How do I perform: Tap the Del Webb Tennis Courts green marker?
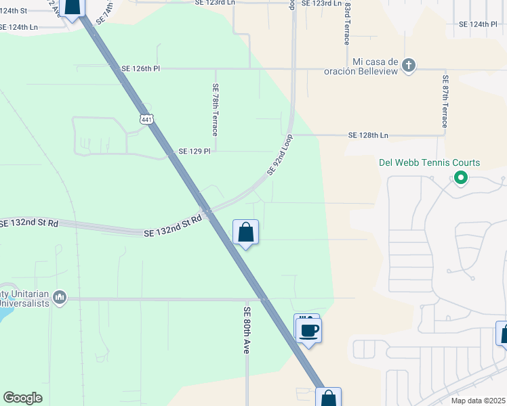(461, 178)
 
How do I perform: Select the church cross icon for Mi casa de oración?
(408, 66)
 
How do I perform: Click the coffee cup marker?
(308, 330)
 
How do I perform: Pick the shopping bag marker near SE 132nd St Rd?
(245, 233)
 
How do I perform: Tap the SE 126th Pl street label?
(141, 68)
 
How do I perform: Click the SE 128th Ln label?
(369, 135)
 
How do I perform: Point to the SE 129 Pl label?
(195, 151)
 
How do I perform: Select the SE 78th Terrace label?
(215, 109)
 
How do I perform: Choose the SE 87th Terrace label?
(445, 101)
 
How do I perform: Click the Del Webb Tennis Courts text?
(429, 163)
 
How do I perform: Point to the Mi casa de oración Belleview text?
(377, 66)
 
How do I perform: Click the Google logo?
(22, 398)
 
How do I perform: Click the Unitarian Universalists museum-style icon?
(60, 297)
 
